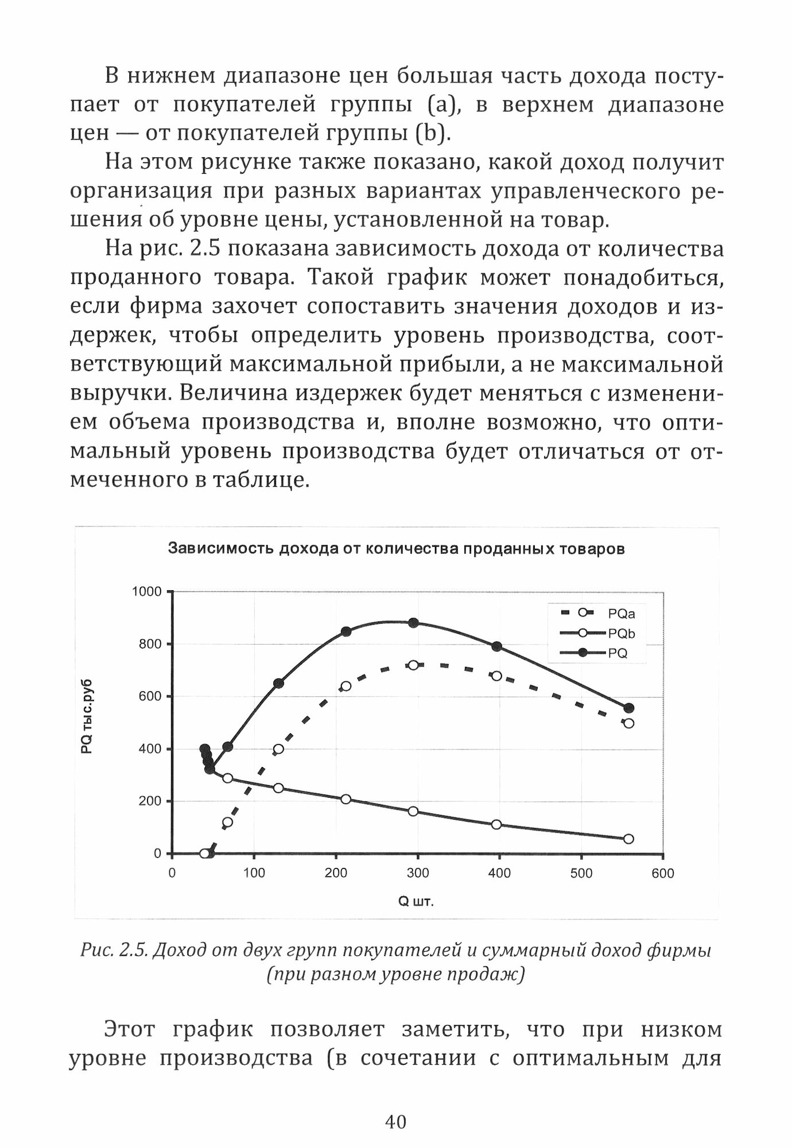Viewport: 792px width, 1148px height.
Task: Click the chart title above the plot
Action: (x=396, y=549)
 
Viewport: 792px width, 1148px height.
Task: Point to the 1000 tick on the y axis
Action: (x=147, y=592)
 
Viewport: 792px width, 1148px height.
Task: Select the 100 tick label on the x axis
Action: (x=254, y=873)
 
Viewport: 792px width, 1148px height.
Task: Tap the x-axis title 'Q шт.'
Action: (x=416, y=902)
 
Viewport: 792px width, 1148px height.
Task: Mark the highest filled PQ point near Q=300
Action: (x=413, y=623)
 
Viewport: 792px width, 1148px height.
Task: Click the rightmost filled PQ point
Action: (x=629, y=708)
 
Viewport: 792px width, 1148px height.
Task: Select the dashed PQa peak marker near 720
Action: (x=413, y=665)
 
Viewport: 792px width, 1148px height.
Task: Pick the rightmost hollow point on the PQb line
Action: (x=628, y=839)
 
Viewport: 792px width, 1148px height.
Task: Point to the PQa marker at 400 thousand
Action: (x=278, y=749)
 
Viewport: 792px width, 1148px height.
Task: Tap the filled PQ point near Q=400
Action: (x=497, y=647)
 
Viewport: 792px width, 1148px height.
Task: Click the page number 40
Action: (x=396, y=1121)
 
